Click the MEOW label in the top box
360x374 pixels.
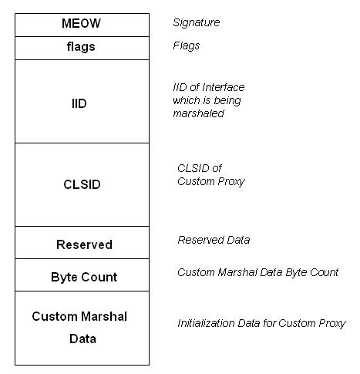coord(81,23)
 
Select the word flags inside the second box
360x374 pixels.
coord(81,47)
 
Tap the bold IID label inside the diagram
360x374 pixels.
coord(79,103)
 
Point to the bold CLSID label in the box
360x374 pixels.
coord(82,184)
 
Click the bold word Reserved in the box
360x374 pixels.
coord(84,244)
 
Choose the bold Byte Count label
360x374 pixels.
coord(84,278)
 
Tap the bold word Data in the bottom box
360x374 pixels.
coord(82,339)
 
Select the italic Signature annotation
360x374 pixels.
coord(197,23)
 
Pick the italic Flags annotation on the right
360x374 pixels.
coord(187,46)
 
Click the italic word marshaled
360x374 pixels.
coord(198,113)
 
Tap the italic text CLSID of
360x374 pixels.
coord(200,168)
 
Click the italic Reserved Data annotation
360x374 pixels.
coord(214,240)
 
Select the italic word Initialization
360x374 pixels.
coord(206,323)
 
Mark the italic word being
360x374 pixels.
coord(227,101)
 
